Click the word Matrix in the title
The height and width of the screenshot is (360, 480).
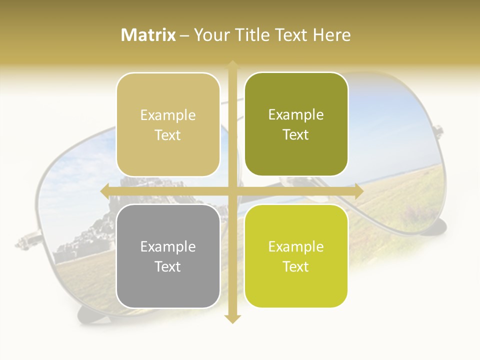(x=148, y=35)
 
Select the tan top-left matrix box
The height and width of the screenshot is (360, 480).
(x=168, y=124)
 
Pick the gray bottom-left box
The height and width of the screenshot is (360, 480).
(x=168, y=256)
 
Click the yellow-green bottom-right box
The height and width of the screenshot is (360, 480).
(x=296, y=256)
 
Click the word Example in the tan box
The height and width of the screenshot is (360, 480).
(x=168, y=115)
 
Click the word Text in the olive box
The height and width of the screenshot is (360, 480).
(x=296, y=135)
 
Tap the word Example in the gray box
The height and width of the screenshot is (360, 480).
(x=168, y=247)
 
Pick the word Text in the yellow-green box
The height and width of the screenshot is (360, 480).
(x=296, y=267)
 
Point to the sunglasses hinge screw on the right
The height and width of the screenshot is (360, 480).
(x=438, y=131)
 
